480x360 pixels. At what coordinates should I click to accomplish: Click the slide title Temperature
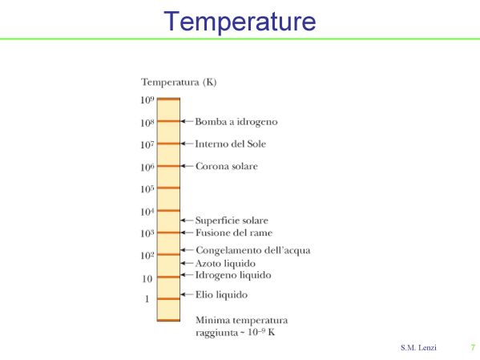click(240, 21)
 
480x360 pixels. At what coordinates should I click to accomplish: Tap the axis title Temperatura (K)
click(179, 82)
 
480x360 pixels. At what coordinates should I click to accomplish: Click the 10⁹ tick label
click(147, 100)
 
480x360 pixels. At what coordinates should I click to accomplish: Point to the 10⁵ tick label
click(147, 188)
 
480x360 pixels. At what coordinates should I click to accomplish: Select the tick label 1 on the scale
click(147, 299)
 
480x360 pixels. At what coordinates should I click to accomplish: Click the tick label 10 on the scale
click(147, 278)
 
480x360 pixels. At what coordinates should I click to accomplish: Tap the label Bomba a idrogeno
click(236, 122)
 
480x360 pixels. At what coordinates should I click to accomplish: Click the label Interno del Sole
click(231, 144)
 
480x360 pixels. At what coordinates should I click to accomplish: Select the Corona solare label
click(227, 166)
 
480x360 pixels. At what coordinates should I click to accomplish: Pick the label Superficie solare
click(232, 220)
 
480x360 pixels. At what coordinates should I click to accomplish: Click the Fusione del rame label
click(234, 233)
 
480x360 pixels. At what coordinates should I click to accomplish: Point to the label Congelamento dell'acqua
click(253, 250)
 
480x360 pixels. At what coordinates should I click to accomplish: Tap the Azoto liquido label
click(225, 264)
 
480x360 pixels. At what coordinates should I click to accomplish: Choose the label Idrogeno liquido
click(233, 275)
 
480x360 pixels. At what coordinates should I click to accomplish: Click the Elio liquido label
click(222, 295)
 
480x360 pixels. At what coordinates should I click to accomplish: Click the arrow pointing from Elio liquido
click(187, 295)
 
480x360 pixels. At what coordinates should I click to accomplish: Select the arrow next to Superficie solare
click(187, 220)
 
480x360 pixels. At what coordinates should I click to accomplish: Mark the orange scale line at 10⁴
click(168, 211)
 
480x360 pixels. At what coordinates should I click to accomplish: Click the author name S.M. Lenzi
click(418, 348)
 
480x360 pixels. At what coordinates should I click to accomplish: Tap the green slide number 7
click(473, 348)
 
